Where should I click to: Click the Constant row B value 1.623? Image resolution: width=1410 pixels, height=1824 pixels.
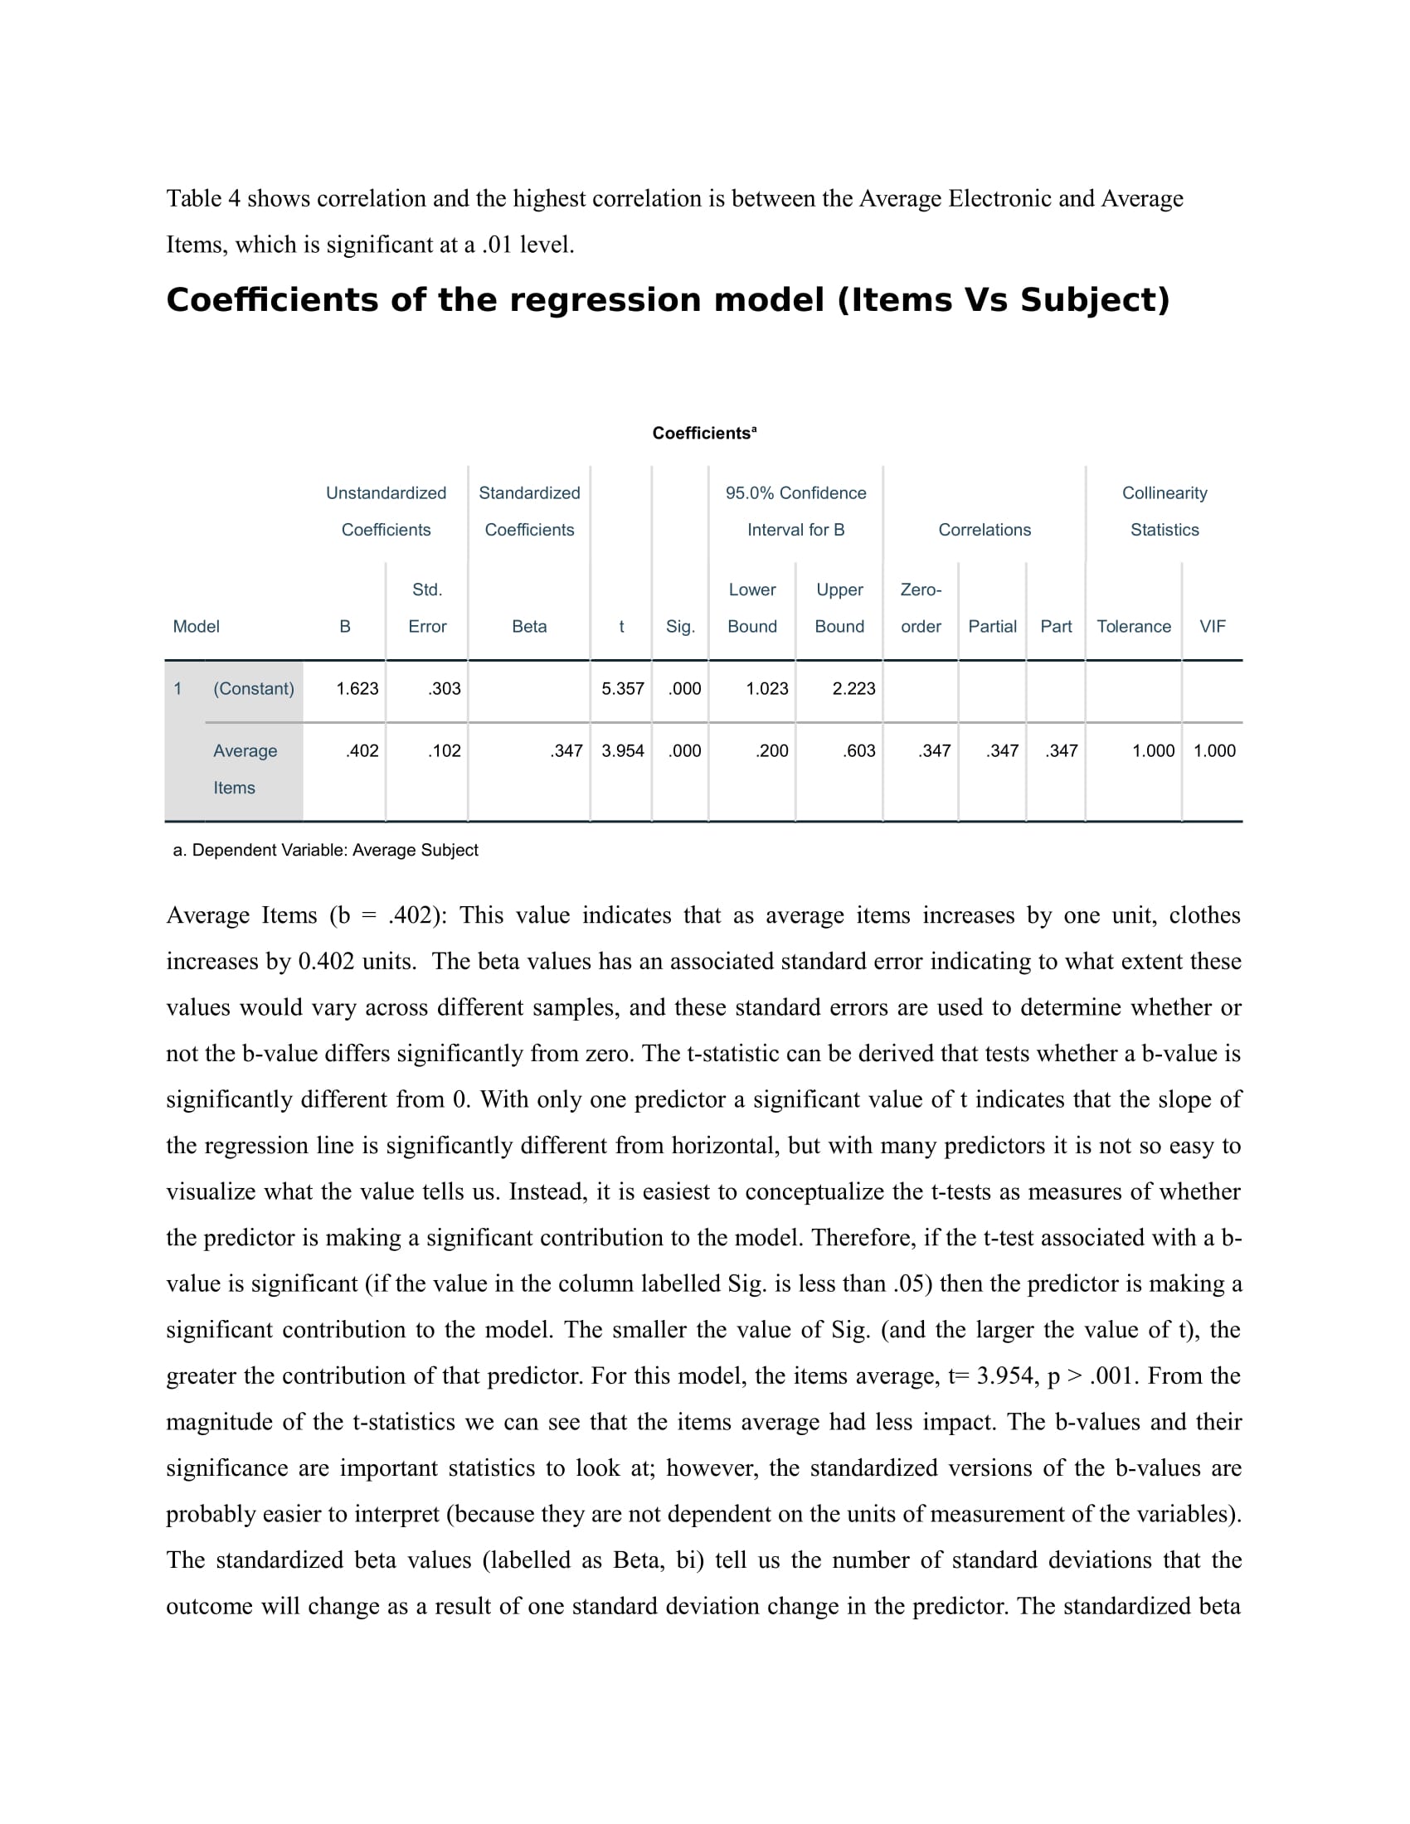tap(357, 689)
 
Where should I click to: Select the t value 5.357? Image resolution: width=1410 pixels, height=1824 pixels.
tap(622, 689)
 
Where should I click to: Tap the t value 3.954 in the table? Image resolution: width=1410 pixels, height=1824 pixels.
tap(622, 751)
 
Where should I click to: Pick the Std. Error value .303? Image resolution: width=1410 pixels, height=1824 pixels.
tap(444, 689)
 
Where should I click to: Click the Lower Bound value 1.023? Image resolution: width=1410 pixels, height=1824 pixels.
tap(766, 689)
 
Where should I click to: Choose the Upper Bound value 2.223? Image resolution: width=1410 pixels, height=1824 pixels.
tap(853, 689)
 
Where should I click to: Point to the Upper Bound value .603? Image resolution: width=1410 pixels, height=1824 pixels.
tap(858, 751)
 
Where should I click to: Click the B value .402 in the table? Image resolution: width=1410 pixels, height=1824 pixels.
tap(362, 751)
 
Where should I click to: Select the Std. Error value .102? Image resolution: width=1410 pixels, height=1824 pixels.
tap(444, 751)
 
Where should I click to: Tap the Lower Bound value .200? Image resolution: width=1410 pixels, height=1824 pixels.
tap(771, 751)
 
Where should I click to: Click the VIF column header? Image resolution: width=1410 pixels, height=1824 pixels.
tap(1212, 626)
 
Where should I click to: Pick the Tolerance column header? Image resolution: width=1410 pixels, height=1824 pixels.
tap(1134, 626)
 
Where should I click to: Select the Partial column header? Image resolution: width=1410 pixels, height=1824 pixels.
tap(992, 626)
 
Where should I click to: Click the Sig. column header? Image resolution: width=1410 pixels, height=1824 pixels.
tap(680, 626)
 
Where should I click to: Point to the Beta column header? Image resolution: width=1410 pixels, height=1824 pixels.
tap(529, 626)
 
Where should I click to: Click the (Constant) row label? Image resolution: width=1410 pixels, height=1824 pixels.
tap(254, 689)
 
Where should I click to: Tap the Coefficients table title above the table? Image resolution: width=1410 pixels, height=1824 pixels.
tap(704, 434)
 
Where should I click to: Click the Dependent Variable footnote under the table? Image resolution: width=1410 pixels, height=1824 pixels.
tap(326, 850)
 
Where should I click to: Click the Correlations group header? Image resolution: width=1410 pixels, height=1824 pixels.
tap(984, 530)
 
